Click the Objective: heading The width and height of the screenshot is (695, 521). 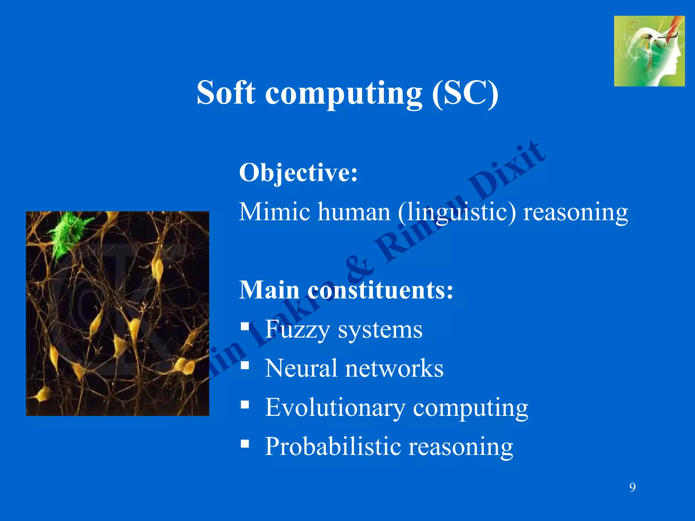tap(298, 173)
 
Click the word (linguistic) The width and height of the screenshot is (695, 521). tap(456, 212)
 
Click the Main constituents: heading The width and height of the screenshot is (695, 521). tap(346, 290)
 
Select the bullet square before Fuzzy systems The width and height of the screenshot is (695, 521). tap(245, 326)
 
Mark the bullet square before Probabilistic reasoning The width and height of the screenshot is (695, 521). tap(245, 443)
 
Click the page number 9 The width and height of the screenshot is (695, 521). tap(632, 487)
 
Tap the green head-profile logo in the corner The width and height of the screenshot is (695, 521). tap(649, 51)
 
